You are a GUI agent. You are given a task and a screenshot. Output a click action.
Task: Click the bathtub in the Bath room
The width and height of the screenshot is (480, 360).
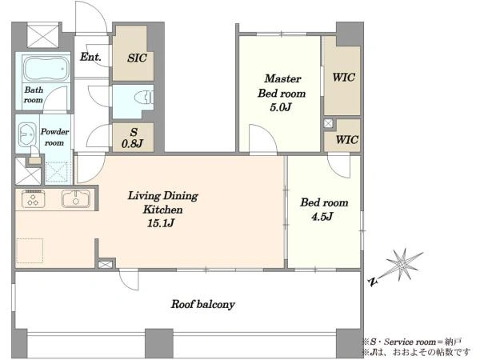point(46,68)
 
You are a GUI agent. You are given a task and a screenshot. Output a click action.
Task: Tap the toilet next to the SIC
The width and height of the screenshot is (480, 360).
point(143,97)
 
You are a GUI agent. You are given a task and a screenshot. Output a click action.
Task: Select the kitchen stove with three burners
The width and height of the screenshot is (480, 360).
point(33,198)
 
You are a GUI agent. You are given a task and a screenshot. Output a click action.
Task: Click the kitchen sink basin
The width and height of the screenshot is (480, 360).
point(76,198)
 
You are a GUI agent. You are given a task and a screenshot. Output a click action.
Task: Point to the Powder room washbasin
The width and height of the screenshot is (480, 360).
point(27,134)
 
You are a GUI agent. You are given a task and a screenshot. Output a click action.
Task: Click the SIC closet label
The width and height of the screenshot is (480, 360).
point(137,58)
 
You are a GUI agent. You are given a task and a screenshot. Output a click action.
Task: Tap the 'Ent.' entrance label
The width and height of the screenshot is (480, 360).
point(90,57)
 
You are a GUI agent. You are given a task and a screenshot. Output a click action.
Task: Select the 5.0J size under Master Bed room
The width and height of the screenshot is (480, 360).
point(280,107)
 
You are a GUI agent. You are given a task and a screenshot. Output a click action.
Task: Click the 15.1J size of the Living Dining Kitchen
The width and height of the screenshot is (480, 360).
point(161,223)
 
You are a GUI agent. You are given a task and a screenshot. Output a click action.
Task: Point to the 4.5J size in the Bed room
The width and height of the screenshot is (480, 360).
point(322,217)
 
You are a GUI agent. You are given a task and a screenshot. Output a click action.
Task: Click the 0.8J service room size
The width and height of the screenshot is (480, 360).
point(133,143)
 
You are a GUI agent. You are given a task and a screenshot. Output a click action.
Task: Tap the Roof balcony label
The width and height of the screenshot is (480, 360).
point(202,304)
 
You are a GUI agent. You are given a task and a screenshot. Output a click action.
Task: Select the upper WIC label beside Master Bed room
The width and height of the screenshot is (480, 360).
point(343,77)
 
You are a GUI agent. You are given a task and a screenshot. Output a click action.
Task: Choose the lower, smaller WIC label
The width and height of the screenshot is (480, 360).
point(346,140)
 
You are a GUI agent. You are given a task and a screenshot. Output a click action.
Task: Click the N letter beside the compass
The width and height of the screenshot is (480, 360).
point(373,282)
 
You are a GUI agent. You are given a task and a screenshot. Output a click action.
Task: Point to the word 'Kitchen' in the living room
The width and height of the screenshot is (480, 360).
point(163,210)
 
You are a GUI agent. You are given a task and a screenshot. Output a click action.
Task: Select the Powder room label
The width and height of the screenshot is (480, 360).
point(54,137)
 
